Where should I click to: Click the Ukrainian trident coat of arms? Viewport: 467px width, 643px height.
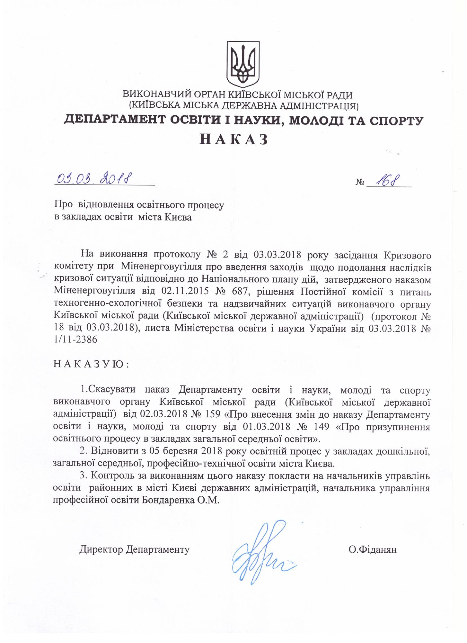[x=243, y=64]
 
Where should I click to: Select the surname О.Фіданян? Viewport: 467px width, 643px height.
[x=373, y=549]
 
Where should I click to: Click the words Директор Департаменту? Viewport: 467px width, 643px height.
[x=134, y=549]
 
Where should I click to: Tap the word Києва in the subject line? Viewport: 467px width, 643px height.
[x=178, y=217]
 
